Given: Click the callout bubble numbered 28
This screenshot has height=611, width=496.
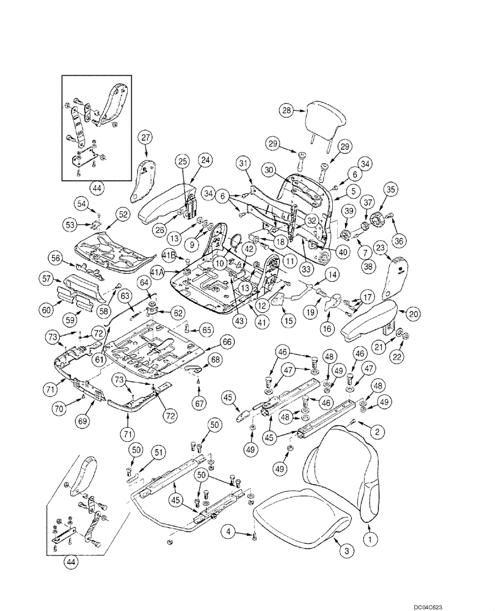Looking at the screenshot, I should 287,111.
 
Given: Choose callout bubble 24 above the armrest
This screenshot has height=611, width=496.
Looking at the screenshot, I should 205,160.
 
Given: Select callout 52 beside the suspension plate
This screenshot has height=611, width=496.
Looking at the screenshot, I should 123,214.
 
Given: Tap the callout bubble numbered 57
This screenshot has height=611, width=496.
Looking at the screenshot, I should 46,279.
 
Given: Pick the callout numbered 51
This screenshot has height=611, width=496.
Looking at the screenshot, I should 159,452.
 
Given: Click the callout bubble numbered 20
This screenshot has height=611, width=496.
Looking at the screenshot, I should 414,313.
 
